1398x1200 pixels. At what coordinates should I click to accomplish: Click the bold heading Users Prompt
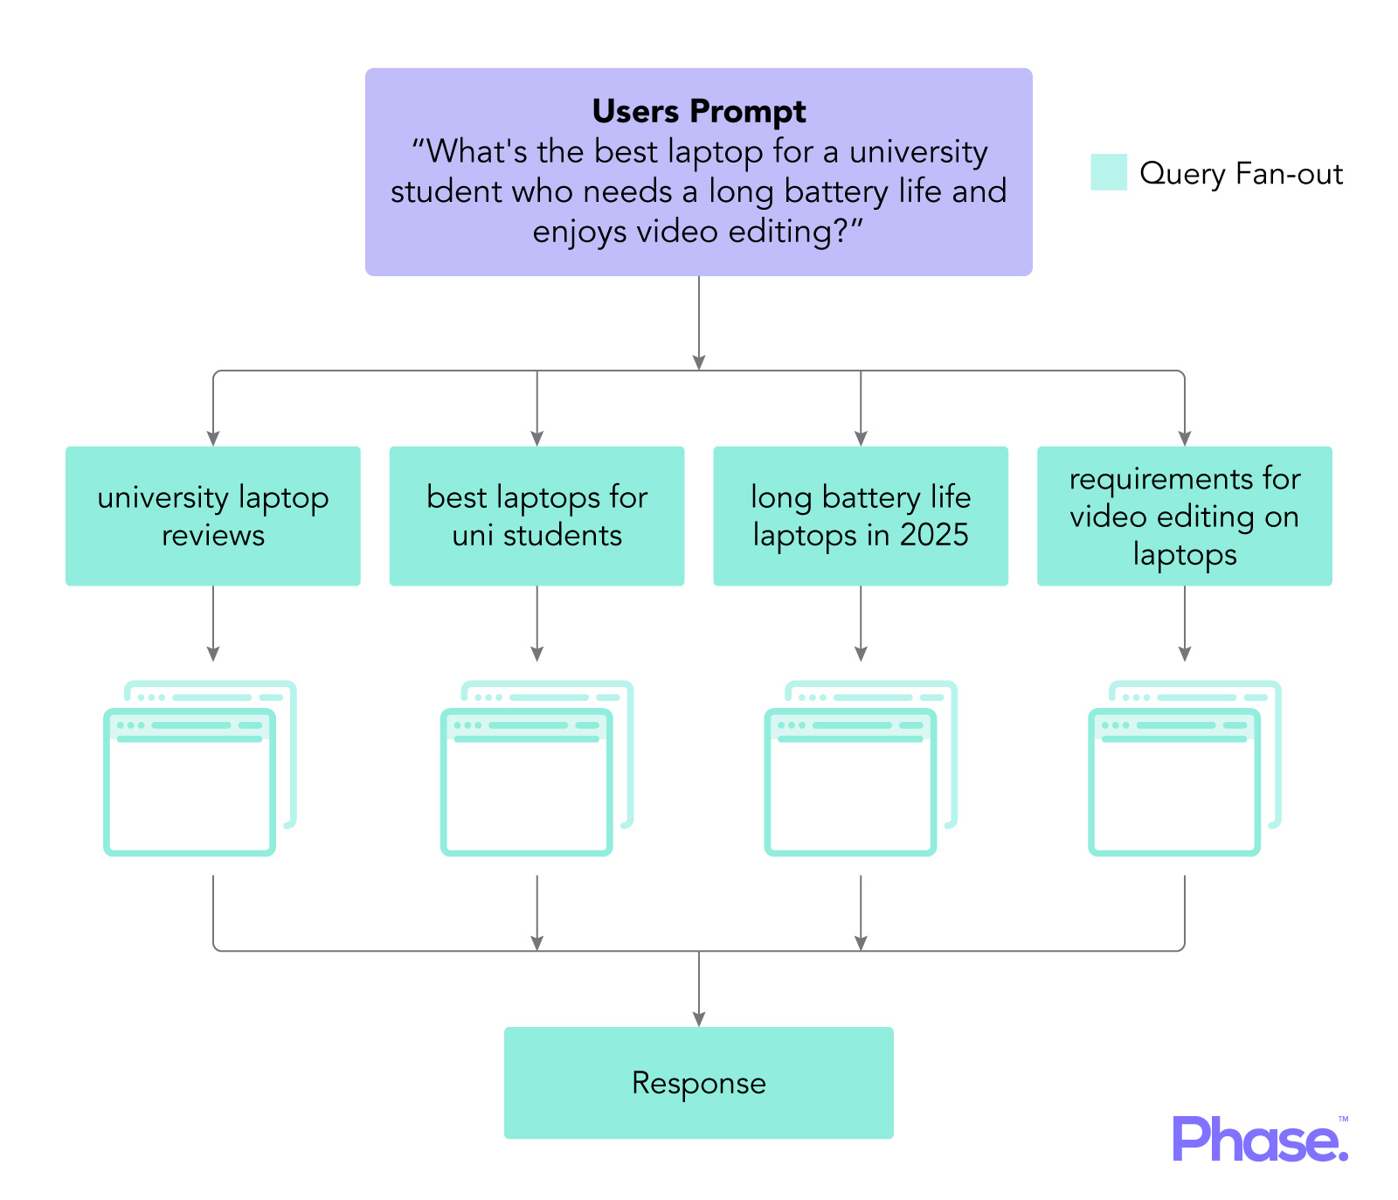pyautogui.click(x=699, y=112)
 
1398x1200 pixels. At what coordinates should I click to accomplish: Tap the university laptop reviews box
pyautogui.click(x=212, y=516)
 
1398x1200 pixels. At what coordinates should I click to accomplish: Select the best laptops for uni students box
pyautogui.click(x=536, y=516)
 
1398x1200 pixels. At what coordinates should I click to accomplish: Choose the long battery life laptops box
pyautogui.click(x=861, y=516)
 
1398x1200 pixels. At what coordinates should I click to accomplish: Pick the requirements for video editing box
pyautogui.click(x=1184, y=516)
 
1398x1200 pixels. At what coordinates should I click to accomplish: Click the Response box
pyautogui.click(x=699, y=1082)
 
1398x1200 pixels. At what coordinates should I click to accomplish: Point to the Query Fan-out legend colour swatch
pyautogui.click(x=1109, y=172)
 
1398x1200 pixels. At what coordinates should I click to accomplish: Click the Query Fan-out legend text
pyautogui.click(x=1241, y=174)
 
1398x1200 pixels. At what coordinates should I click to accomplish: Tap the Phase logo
pyautogui.click(x=1259, y=1139)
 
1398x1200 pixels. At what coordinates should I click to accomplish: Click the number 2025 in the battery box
pyautogui.click(x=934, y=535)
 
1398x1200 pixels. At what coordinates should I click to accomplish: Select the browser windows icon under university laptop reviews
pyautogui.click(x=200, y=767)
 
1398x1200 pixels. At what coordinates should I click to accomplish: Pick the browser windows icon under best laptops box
pyautogui.click(x=536, y=767)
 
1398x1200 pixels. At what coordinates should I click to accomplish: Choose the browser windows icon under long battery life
pyautogui.click(x=861, y=767)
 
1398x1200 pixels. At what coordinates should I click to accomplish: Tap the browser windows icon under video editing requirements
pyautogui.click(x=1184, y=767)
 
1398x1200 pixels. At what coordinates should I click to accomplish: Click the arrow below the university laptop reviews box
pyautogui.click(x=212, y=623)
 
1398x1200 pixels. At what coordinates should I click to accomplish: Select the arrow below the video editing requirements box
pyautogui.click(x=1184, y=623)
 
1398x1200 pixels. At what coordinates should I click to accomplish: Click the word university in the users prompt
pyautogui.click(x=918, y=152)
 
